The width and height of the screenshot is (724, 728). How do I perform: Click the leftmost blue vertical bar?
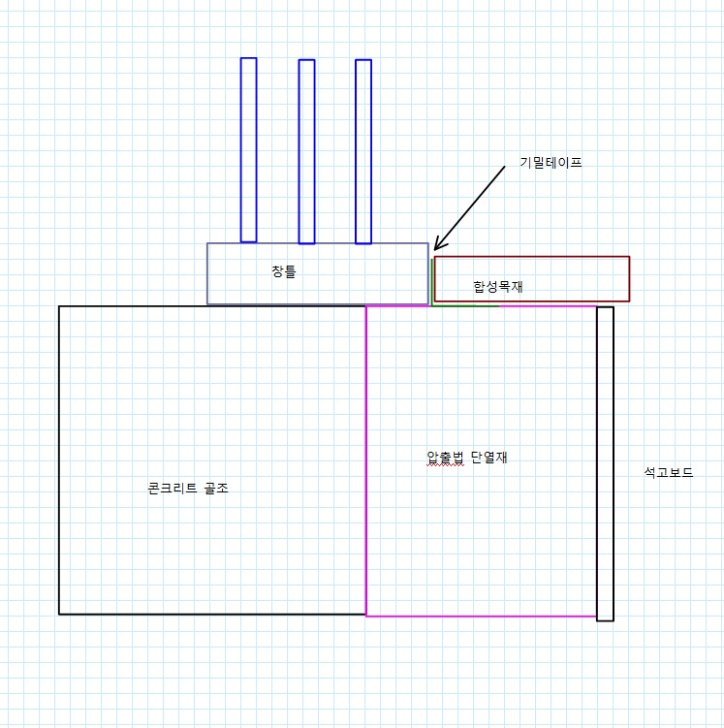[248, 150]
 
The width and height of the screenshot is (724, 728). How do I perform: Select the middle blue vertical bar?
[306, 151]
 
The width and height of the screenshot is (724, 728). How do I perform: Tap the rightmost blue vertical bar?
[363, 151]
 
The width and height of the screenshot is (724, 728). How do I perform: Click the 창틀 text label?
[284, 271]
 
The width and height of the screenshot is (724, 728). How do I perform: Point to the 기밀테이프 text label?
[551, 163]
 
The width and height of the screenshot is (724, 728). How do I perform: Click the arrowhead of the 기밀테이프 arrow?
[435, 249]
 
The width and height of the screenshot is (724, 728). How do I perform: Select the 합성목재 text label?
[498, 286]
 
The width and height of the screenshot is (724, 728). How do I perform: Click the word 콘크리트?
[172, 489]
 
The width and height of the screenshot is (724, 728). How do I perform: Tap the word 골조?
[216, 489]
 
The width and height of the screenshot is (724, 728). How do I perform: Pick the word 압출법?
[445, 459]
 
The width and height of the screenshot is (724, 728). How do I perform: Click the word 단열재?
[489, 459]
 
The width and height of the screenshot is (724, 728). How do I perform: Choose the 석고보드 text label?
[668, 473]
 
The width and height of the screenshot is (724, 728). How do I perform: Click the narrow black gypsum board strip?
[605, 463]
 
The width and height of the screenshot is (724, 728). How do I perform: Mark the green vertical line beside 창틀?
[430, 281]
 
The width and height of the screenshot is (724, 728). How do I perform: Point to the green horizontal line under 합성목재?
[465, 306]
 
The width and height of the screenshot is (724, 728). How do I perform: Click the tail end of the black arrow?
[505, 167]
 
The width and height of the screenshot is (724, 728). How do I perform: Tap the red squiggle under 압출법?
[445, 466]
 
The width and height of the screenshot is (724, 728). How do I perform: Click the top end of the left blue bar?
[248, 59]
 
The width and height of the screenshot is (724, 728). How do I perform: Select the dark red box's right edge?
[629, 278]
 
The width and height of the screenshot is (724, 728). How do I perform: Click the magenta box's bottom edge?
[481, 616]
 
